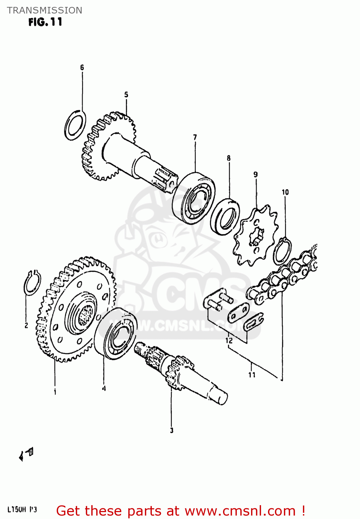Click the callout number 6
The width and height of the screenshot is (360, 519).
(82, 67)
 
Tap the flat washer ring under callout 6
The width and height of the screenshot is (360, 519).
(75, 125)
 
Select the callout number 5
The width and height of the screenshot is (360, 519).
(126, 94)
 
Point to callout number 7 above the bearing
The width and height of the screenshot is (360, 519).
(195, 137)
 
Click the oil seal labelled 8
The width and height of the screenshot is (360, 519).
(225, 216)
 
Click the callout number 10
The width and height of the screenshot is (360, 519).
(285, 192)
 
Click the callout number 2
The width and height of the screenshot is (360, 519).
(26, 326)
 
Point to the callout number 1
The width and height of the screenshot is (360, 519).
(55, 392)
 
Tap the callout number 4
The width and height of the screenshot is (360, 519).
(104, 389)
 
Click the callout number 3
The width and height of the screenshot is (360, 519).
(172, 430)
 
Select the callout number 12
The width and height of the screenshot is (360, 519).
(229, 340)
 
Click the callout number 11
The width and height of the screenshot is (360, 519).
(252, 374)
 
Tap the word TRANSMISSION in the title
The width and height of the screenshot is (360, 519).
(45, 10)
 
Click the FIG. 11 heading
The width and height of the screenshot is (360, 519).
(45, 22)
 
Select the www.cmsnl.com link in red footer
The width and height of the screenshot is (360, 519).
(240, 511)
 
